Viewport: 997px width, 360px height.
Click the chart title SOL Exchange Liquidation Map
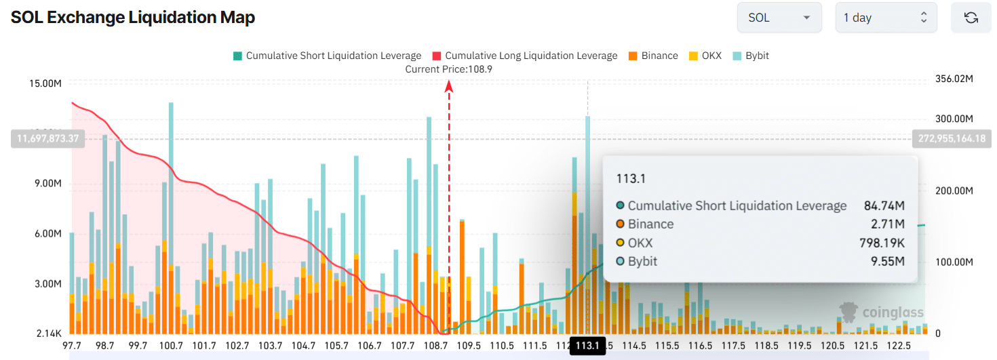(133, 18)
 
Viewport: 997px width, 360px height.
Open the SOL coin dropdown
(779, 18)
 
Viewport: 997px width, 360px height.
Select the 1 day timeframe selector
(886, 18)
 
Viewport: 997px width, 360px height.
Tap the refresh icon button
(971, 18)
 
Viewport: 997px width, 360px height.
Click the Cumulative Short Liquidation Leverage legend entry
(327, 56)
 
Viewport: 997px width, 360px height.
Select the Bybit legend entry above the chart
(751, 56)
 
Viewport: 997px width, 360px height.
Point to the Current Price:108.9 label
(448, 69)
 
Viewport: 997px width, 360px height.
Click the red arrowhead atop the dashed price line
(448, 85)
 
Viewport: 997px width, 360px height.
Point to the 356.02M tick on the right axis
(954, 79)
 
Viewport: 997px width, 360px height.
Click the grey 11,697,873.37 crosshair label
(45, 138)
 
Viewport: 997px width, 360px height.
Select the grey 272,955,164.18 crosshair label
(952, 138)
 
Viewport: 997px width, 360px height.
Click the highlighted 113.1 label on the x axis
(587, 346)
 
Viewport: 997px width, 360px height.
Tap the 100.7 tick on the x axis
(171, 346)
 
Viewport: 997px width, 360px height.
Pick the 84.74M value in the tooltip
(888, 205)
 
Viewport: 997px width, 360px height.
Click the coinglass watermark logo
(881, 312)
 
